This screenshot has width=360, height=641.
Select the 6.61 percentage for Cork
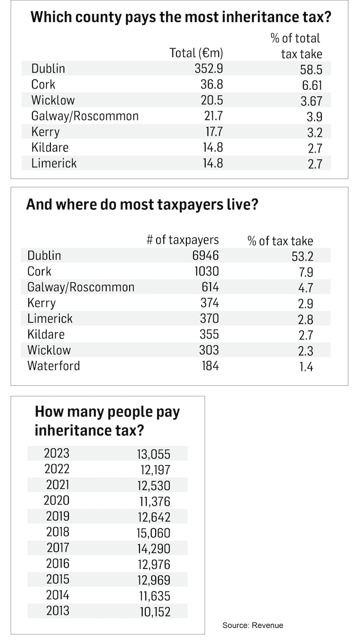tap(311, 85)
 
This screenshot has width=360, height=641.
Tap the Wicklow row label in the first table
tap(53, 100)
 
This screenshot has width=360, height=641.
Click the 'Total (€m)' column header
tap(196, 53)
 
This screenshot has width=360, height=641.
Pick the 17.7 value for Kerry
tap(212, 132)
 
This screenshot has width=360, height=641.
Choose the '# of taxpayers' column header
tap(183, 240)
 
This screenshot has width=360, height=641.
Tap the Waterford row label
tap(54, 366)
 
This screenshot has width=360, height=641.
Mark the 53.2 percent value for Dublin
tap(302, 256)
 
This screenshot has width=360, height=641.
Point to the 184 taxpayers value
tap(210, 366)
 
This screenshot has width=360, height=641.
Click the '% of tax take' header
tap(280, 240)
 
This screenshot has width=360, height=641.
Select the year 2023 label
tap(57, 453)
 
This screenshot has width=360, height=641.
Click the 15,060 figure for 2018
tap(153, 533)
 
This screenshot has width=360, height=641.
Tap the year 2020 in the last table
tap(57, 500)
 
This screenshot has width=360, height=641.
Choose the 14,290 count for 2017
tap(153, 548)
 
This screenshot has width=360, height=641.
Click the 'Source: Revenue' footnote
tap(253, 625)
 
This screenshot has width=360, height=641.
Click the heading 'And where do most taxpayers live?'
tap(142, 204)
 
